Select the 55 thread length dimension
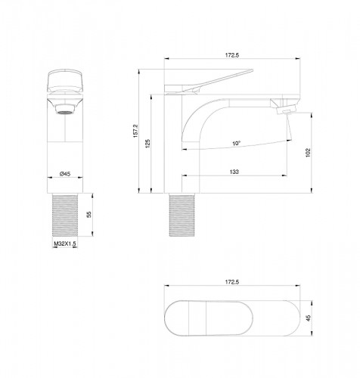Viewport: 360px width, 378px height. click(x=88, y=215)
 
